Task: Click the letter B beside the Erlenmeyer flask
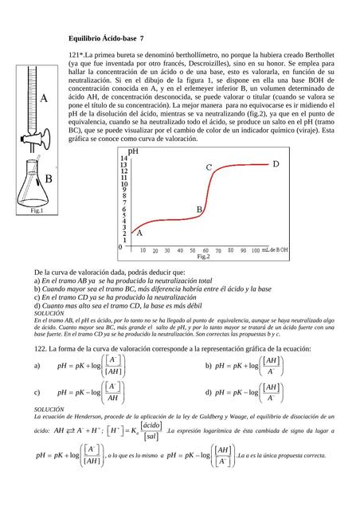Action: pos(48,179)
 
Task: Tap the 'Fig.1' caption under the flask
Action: pos(37,211)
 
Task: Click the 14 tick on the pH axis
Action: pos(123,159)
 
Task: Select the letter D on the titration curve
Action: pos(276,164)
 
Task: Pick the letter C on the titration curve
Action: pos(209,168)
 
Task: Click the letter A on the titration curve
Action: pos(139,233)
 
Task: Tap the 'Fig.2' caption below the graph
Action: pos(202,257)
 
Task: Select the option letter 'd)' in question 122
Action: pos(209,392)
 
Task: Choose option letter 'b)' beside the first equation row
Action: pos(209,366)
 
